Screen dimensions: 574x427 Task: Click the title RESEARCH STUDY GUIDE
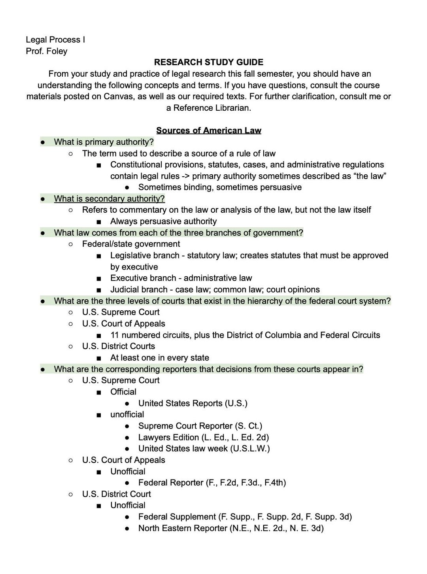point(208,62)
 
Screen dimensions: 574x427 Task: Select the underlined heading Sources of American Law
point(208,130)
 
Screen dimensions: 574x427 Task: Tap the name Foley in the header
point(57,51)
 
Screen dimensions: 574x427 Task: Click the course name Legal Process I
point(55,40)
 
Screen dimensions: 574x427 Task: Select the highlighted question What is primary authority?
point(104,142)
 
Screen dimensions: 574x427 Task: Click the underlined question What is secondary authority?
point(109,198)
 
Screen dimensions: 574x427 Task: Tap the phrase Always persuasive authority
point(163,221)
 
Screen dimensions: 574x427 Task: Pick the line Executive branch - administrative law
point(181,278)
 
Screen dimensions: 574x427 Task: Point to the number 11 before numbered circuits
point(115,335)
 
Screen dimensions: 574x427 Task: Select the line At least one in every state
point(159,358)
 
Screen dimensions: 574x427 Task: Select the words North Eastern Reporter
point(183,528)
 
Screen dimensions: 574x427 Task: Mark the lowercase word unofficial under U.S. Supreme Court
point(127,414)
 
